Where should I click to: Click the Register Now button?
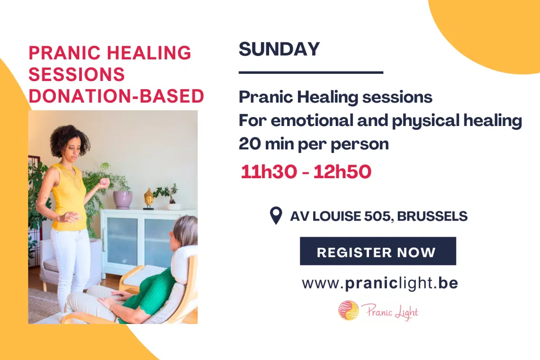[x=378, y=252]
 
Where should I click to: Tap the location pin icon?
[x=275, y=216]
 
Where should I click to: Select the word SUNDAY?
[x=279, y=49]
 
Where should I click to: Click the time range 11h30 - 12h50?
[x=306, y=172]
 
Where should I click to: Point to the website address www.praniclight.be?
[x=380, y=283]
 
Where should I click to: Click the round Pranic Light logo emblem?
[x=348, y=310]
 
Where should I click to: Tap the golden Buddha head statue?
[x=148, y=198]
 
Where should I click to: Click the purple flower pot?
[x=122, y=199]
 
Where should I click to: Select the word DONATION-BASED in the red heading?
[x=116, y=96]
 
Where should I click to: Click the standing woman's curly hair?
[x=70, y=137]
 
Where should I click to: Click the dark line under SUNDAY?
[x=310, y=72]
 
